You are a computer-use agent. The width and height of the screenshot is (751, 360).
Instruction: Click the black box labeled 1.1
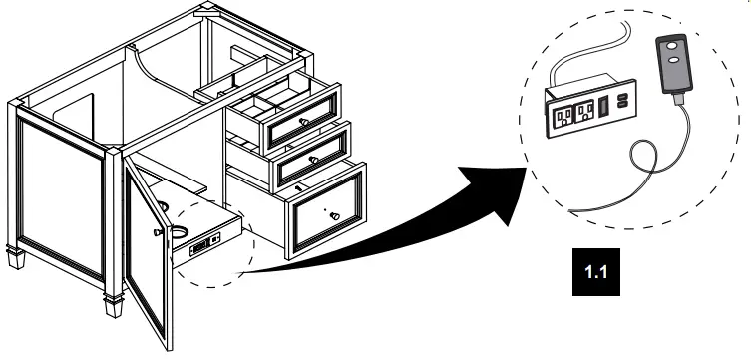coord(595,272)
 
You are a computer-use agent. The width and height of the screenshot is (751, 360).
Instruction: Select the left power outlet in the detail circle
coord(563,116)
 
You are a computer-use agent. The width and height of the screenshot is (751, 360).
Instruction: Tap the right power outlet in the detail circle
coord(584,111)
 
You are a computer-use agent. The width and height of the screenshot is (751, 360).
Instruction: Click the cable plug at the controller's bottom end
coord(678,99)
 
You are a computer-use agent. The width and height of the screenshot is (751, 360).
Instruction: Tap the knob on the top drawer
coord(304,122)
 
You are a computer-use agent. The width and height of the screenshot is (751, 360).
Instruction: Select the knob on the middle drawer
coord(314,160)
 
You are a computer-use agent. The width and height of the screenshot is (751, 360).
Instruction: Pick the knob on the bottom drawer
coord(335,216)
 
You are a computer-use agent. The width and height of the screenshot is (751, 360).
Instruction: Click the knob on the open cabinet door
coord(158,232)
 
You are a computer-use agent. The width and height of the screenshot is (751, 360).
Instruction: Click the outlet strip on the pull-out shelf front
coord(205,244)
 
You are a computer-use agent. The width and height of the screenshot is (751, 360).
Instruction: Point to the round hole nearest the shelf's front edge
coord(180,232)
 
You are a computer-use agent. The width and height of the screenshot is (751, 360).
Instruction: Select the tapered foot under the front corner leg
coord(114,306)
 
